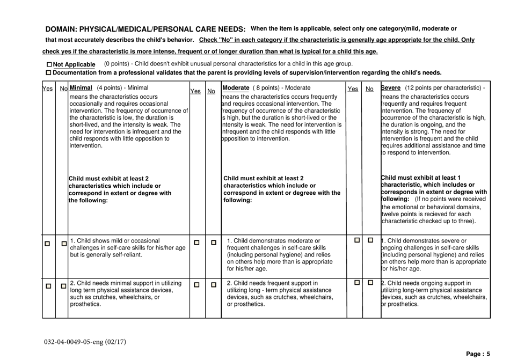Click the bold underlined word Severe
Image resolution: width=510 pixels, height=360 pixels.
pos(392,88)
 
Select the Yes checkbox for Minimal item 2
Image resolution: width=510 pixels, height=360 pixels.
pos(47,283)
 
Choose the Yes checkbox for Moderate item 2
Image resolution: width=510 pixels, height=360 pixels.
pos(196,283)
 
